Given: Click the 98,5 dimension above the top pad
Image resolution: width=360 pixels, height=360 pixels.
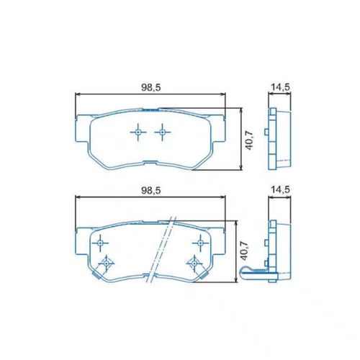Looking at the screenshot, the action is (x=150, y=88).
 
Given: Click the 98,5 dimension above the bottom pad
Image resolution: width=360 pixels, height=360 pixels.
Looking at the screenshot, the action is (x=150, y=190).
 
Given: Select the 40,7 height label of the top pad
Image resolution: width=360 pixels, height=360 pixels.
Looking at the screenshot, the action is (x=250, y=141).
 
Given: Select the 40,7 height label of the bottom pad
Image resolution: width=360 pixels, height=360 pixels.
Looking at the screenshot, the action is (x=245, y=251).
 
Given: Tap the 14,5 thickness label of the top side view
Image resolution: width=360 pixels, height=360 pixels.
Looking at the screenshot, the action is (x=280, y=87).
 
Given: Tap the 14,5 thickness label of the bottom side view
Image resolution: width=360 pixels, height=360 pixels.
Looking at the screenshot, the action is (x=280, y=189).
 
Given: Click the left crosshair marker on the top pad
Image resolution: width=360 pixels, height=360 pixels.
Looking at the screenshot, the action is (x=138, y=132).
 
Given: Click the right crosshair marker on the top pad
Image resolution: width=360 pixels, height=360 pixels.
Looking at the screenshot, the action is (x=163, y=132).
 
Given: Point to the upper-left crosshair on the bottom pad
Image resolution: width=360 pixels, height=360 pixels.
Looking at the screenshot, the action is (x=100, y=243).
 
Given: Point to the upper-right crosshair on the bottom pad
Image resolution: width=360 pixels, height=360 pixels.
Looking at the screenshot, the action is (x=200, y=243).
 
